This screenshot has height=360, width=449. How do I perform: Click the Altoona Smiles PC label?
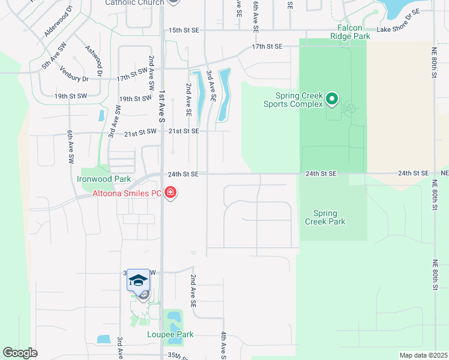[x=127, y=193]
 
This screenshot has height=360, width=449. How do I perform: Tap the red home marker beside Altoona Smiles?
[x=170, y=193]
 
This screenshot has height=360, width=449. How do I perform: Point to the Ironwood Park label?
[x=104, y=179]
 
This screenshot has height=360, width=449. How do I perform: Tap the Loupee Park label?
[x=170, y=334]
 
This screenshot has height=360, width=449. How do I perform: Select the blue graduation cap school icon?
[x=139, y=280]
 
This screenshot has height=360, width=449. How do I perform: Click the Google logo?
[x=20, y=353]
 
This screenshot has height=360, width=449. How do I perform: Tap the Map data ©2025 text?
[x=423, y=355]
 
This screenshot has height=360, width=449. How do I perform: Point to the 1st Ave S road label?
[x=162, y=107]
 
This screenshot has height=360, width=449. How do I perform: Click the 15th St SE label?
[x=183, y=29]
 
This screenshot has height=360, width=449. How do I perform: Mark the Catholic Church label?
[x=134, y=3]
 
